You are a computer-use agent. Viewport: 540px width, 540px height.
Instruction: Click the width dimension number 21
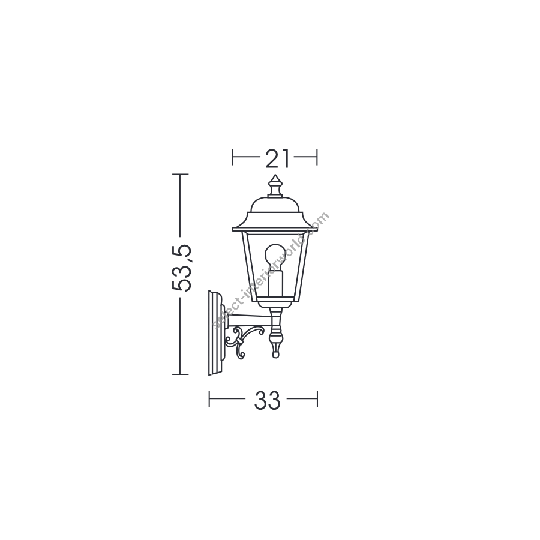(277, 158)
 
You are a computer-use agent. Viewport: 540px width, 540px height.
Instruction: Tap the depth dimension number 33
(268, 401)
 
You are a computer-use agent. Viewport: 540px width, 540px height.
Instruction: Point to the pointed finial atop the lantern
(275, 186)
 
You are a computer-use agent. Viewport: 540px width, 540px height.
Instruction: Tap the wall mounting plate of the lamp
(215, 332)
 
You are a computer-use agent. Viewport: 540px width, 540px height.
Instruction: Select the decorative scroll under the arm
(244, 341)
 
